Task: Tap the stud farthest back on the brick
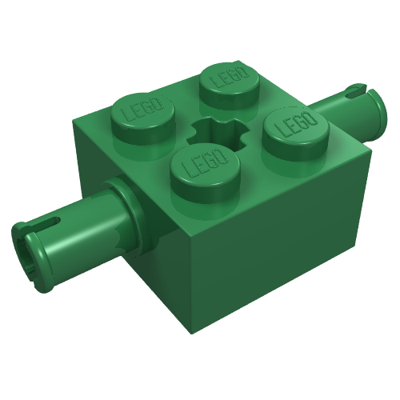tap(230, 86)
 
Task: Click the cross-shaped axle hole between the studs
tap(218, 131)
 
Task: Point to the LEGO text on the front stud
tap(205, 163)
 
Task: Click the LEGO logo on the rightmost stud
tap(297, 122)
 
